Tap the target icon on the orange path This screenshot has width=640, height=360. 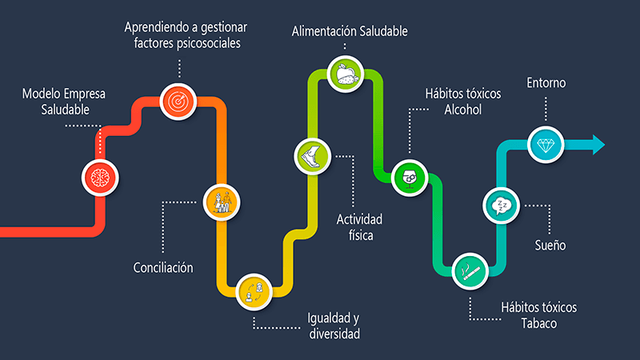coord(178,100)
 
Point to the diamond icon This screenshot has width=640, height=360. coord(547,144)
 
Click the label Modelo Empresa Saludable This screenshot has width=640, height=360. coord(64,102)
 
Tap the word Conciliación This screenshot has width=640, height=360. coord(163,267)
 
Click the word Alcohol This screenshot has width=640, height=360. coord(463,110)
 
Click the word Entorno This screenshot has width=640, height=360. coord(548,83)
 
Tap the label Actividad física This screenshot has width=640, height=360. coord(360,227)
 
